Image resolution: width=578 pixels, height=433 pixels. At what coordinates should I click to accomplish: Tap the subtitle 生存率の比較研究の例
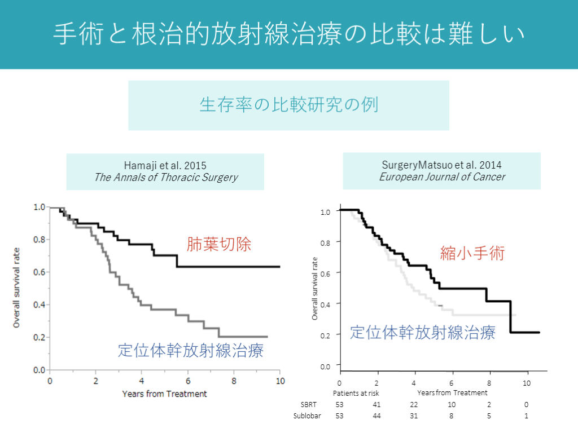pyautogui.click(x=288, y=105)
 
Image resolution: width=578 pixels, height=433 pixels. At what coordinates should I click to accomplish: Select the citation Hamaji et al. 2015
pyautogui.click(x=165, y=166)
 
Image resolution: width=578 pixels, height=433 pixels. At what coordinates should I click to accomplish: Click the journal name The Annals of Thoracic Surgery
pyautogui.click(x=165, y=178)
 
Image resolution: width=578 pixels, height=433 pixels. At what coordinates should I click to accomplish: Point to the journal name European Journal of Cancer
pyautogui.click(x=442, y=177)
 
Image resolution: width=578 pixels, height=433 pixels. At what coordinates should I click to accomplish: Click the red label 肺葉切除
pyautogui.click(x=219, y=245)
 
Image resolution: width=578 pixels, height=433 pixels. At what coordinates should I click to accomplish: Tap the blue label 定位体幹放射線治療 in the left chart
pyautogui.click(x=191, y=351)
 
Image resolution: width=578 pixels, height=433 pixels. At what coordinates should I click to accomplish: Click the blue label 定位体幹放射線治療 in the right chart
pyautogui.click(x=423, y=332)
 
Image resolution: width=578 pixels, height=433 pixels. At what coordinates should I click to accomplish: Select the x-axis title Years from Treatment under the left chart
pyautogui.click(x=165, y=394)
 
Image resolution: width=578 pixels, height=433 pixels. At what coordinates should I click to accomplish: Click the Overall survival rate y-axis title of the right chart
pyautogui.click(x=315, y=289)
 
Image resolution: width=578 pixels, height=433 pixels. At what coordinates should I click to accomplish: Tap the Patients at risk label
pyautogui.click(x=356, y=393)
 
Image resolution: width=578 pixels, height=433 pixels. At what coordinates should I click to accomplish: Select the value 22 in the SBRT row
pyautogui.click(x=414, y=404)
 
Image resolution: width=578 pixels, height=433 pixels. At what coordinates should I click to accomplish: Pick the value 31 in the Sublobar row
pyautogui.click(x=414, y=416)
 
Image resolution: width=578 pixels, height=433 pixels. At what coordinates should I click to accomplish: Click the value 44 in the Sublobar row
pyautogui.click(x=377, y=416)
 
